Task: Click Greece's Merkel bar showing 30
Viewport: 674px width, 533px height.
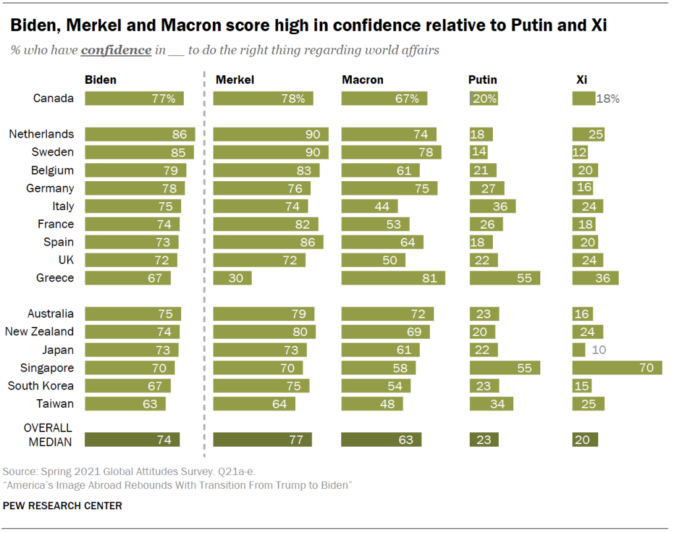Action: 233,278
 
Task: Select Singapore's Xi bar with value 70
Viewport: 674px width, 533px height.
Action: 617,368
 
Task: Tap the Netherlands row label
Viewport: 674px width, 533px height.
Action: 41,134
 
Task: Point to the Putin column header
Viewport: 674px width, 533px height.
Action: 482,80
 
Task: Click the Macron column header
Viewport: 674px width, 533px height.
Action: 362,80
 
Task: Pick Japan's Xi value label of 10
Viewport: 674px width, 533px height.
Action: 599,350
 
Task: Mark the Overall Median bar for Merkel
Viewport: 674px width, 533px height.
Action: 262,439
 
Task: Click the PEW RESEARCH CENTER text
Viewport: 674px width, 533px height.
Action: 63,506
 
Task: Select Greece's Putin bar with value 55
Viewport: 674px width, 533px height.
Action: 505,278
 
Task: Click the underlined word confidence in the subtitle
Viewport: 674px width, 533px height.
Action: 116,51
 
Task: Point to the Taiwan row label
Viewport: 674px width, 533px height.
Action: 55,404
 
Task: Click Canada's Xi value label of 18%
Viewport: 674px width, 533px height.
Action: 607,99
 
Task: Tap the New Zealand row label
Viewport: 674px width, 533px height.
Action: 39,332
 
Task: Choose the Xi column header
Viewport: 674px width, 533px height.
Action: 582,80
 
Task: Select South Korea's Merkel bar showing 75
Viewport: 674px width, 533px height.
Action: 261,386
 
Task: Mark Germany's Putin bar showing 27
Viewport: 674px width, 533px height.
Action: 487,188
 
